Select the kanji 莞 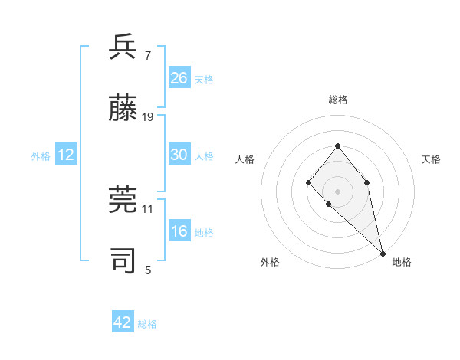123,200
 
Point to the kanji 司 123,260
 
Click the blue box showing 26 179,77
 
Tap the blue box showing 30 179,155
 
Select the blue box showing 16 179,231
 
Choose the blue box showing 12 66,155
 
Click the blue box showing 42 123,322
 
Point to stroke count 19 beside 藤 148,117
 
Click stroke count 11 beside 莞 148,208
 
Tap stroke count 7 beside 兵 148,55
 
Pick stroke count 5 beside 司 148,270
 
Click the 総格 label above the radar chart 337,100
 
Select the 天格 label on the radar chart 431,159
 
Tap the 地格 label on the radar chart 402,262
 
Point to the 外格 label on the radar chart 270,262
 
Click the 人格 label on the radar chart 245,159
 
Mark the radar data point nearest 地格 383,253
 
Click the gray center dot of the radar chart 337,191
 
